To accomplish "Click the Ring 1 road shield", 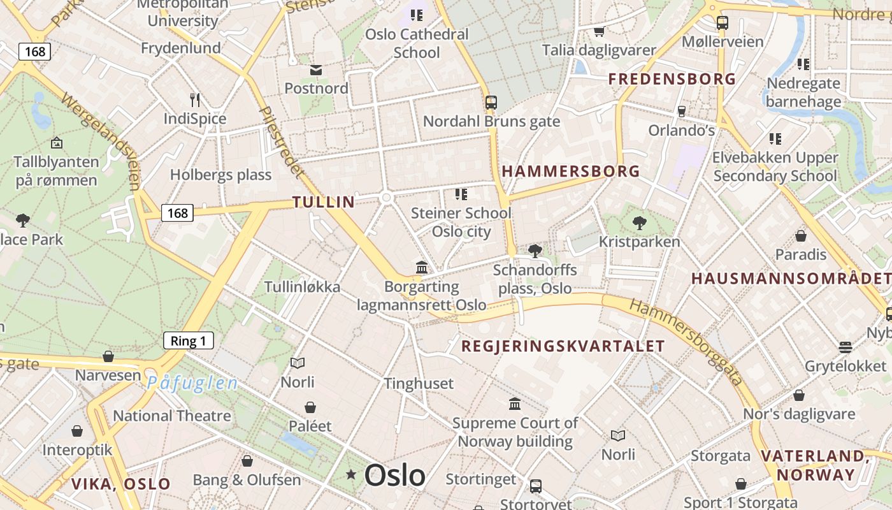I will [188, 340].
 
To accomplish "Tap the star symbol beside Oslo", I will [350, 474].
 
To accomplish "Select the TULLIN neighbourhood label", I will [324, 202].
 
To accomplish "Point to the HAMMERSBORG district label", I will [571, 171].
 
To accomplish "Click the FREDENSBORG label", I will [672, 79].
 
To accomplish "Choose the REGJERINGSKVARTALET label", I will [563, 346].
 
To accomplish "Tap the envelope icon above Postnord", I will [315, 70].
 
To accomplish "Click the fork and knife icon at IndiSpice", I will [195, 99].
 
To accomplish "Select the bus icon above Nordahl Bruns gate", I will [491, 102].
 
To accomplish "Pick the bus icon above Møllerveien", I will [722, 23].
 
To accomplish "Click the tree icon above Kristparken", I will [639, 223].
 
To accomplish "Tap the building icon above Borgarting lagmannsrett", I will [421, 268].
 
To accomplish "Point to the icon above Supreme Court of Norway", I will [514, 404].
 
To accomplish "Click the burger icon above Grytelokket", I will [845, 347].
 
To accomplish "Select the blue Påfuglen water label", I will [192, 383].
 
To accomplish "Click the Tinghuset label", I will [419, 383].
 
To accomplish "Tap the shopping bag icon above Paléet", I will [310, 407].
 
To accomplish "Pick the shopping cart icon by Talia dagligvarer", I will [599, 31].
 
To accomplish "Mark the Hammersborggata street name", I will [687, 342].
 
